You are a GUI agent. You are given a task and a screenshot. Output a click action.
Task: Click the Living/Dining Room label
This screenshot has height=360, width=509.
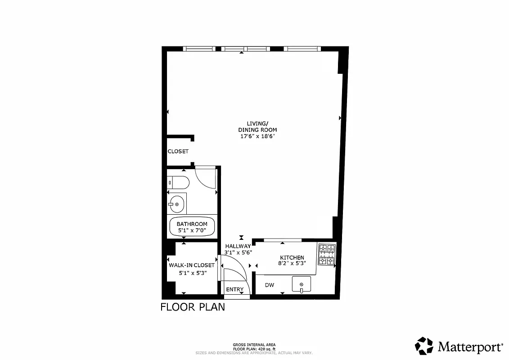[x=257, y=126]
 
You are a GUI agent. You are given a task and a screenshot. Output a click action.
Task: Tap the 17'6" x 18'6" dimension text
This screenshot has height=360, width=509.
[x=257, y=136]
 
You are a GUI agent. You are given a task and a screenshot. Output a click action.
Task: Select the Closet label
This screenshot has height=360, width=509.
[x=178, y=152]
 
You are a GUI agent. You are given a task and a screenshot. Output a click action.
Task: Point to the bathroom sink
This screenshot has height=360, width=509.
[x=176, y=205]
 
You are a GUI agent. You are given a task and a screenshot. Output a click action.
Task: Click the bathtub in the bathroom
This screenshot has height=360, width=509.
[x=192, y=227]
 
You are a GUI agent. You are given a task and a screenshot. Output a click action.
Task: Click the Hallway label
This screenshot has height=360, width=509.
[x=238, y=246]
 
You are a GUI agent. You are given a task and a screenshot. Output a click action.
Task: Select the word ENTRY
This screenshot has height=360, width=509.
[x=234, y=289]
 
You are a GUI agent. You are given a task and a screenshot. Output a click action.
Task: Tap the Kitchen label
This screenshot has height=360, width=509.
[x=293, y=257]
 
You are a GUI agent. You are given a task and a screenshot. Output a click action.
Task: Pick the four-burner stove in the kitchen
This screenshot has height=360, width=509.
[x=327, y=254]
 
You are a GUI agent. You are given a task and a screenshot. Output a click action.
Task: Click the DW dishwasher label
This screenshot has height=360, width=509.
[x=270, y=285]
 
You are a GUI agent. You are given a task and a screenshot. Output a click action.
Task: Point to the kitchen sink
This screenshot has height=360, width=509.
[x=301, y=284]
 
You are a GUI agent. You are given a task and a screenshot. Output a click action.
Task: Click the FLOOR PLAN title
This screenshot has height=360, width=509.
[x=193, y=307]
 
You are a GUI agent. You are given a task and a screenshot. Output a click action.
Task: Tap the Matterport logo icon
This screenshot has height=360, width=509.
[x=424, y=346]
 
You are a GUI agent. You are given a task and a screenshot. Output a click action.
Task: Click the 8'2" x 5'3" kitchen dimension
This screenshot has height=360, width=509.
[x=293, y=264]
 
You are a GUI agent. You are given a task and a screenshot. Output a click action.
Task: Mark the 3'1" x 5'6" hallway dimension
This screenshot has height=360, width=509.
[x=238, y=252]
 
